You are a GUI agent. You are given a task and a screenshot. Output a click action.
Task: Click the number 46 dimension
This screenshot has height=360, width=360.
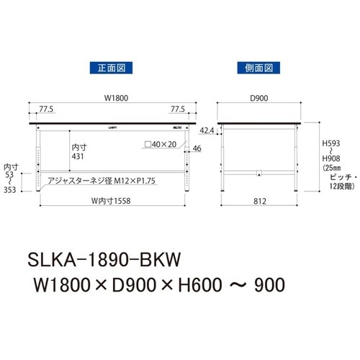197,149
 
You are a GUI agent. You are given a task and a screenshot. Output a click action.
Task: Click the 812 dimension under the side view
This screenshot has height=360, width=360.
258,202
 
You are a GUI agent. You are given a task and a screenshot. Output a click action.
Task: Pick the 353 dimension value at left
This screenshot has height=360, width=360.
10,191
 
